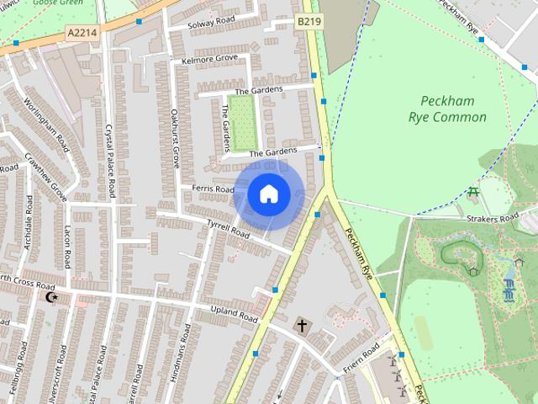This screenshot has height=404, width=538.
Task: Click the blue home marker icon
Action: click(x=267, y=194)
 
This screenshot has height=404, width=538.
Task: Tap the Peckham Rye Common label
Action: click(x=447, y=109)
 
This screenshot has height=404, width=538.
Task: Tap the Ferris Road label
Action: click(x=213, y=189)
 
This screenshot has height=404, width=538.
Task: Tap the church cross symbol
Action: click(x=302, y=324)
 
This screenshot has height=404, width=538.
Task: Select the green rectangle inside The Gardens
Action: click(x=242, y=123)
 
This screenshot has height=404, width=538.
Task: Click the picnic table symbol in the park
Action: click(x=473, y=194)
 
